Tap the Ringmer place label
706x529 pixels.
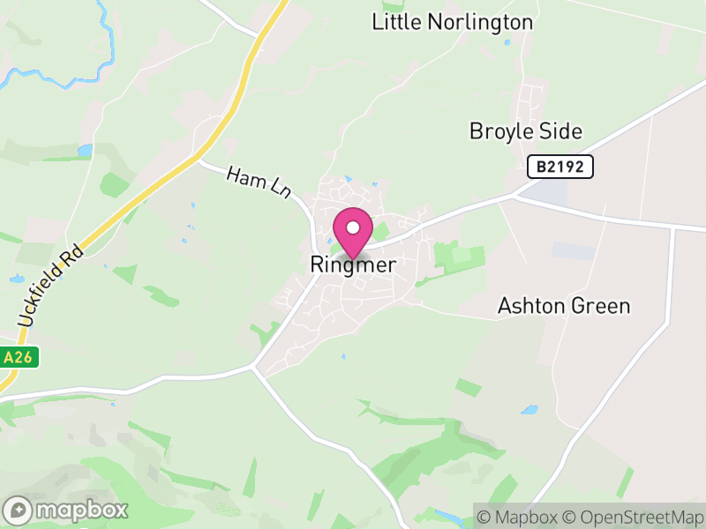(353, 264)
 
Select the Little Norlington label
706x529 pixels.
(452, 22)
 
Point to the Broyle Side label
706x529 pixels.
(526, 131)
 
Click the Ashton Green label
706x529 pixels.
(564, 306)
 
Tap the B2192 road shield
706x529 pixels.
(560, 166)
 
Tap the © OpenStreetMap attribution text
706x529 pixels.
(634, 517)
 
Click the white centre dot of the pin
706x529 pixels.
(353, 227)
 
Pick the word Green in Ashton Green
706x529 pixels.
(601, 306)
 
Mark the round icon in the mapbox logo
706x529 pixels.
(19, 510)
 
